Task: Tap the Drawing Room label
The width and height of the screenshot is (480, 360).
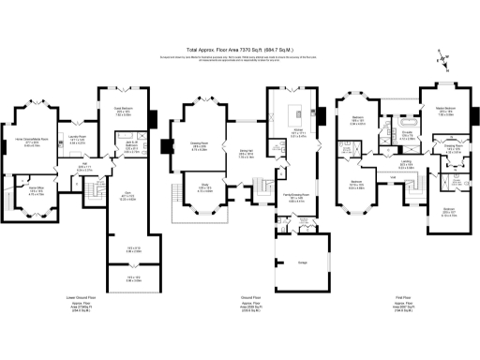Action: (x=200, y=146)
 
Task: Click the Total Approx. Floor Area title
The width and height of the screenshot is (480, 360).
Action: (x=239, y=50)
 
